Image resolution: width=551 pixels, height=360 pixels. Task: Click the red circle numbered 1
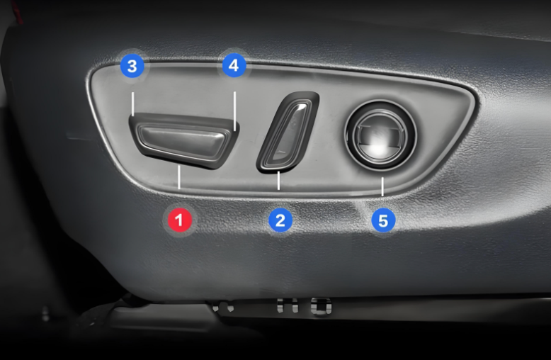click(180, 220)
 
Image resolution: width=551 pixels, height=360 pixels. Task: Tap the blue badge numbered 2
click(280, 220)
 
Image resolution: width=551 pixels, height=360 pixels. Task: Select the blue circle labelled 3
click(132, 66)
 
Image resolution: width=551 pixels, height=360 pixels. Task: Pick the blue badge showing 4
click(234, 65)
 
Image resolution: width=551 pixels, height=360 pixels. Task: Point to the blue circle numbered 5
click(383, 220)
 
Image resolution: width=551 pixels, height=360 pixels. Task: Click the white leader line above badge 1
click(179, 177)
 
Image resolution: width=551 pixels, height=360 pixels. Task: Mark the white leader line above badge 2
click(278, 181)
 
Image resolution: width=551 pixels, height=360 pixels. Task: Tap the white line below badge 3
click(133, 104)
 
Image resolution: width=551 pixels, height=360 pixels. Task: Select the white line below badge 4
click(234, 111)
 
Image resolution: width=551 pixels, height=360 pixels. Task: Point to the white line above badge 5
click(382, 186)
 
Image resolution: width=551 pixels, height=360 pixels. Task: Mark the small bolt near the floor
click(45, 314)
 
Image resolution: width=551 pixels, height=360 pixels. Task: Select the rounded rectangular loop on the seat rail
click(321, 306)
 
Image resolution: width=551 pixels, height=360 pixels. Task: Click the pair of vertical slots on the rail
click(287, 305)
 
